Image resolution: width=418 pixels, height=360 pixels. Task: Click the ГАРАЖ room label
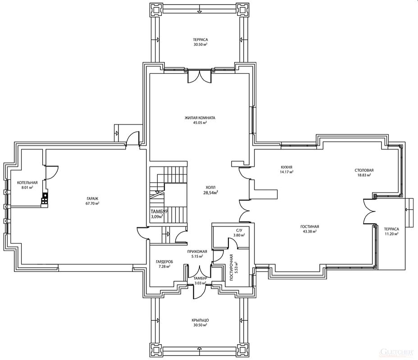pyautogui.click(x=92, y=198)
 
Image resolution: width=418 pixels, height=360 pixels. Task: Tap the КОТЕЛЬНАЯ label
pyautogui.click(x=27, y=183)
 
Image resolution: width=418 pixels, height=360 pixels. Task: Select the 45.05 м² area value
pyautogui.click(x=200, y=123)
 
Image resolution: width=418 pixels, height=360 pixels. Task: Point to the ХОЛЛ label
pyautogui.click(x=211, y=187)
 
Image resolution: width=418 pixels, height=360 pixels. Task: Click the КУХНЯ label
pyautogui.click(x=286, y=167)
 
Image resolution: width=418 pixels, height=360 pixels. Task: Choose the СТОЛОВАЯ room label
pyautogui.click(x=364, y=170)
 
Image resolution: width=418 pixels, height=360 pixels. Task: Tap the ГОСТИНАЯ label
pyautogui.click(x=309, y=227)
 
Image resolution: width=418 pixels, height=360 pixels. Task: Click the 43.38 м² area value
pyautogui.click(x=309, y=232)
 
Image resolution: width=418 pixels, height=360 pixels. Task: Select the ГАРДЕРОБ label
pyautogui.click(x=164, y=262)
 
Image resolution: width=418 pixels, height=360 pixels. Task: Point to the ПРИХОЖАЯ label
pyautogui.click(x=197, y=252)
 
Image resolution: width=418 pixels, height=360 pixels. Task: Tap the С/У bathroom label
pyautogui.click(x=239, y=230)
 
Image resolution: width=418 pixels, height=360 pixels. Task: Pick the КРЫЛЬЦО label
pyautogui.click(x=200, y=320)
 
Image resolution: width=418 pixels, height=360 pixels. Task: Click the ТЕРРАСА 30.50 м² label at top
pyautogui.click(x=200, y=42)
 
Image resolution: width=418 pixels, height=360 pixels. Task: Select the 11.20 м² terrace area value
pyautogui.click(x=391, y=234)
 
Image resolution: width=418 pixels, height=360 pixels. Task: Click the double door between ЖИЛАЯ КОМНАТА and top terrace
pyautogui.click(x=200, y=76)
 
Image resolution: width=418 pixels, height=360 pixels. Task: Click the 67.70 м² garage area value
pyautogui.click(x=92, y=203)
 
